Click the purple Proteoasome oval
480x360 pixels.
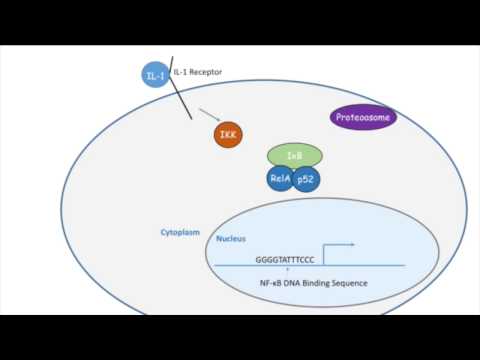pyautogui.click(x=363, y=117)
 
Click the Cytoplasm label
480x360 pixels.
pyautogui.click(x=181, y=232)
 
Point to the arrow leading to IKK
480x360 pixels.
pyautogui.click(x=211, y=116)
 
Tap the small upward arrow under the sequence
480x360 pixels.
pyautogui.click(x=287, y=270)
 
